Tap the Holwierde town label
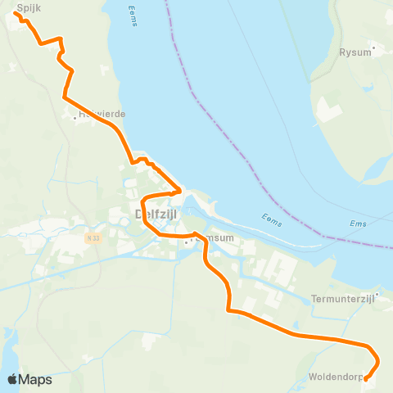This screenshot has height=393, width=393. (102, 114)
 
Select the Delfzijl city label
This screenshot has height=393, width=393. (156, 214)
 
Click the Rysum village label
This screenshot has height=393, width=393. (355, 52)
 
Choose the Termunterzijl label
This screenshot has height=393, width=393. (342, 300)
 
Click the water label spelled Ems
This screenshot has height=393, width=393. (358, 224)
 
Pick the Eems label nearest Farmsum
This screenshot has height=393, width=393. (272, 217)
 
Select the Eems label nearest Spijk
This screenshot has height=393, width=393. (133, 16)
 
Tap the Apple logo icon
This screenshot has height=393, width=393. (12, 379)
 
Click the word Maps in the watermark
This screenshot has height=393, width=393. (36, 380)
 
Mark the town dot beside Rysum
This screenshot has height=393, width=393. (374, 47)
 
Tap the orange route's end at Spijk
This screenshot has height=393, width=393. (16, 13)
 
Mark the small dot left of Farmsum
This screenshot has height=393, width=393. (187, 242)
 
